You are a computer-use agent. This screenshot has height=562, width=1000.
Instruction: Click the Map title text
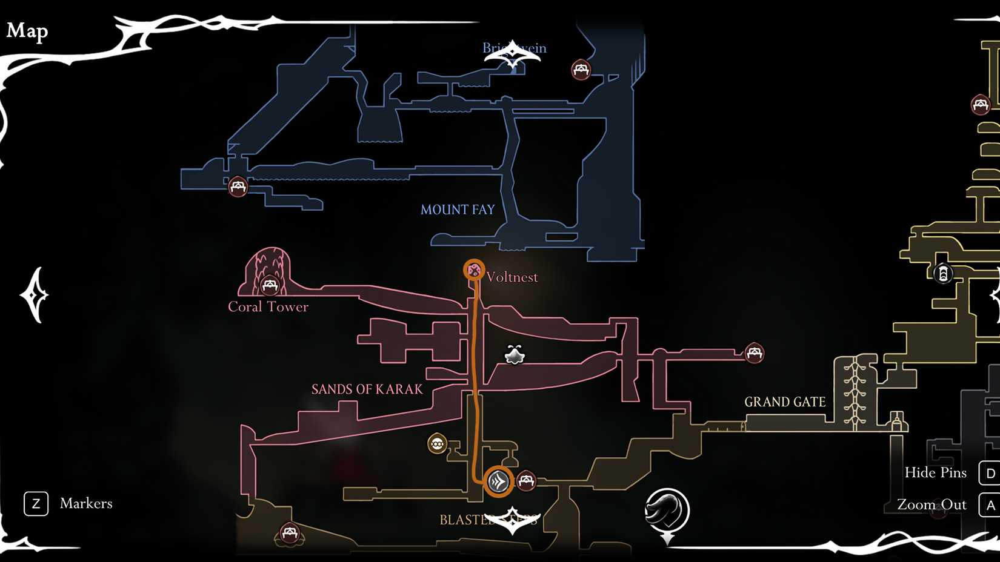[27, 30]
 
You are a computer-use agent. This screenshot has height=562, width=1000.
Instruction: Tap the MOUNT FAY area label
[458, 210]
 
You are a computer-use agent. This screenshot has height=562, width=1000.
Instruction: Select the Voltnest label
[512, 277]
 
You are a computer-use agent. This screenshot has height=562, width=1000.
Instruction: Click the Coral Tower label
[268, 306]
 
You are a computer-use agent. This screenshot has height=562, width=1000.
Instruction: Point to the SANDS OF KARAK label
[367, 389]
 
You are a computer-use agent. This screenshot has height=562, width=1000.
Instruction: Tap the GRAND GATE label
[785, 402]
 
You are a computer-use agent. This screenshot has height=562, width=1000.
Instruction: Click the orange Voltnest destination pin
[474, 270]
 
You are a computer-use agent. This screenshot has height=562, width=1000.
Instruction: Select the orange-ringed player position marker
[498, 481]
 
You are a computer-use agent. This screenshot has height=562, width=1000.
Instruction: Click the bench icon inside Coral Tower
[269, 285]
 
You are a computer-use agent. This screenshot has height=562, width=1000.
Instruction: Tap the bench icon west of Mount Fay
[238, 186]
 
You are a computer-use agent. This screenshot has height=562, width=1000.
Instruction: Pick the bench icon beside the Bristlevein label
[581, 70]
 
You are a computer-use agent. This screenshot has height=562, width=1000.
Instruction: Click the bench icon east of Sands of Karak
[754, 352]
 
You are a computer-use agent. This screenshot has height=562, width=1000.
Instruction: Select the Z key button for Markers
[36, 503]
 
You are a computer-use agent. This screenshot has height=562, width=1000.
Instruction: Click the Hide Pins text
[935, 472]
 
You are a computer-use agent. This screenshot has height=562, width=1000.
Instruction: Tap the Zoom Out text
[932, 504]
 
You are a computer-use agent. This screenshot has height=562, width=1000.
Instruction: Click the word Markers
[86, 503]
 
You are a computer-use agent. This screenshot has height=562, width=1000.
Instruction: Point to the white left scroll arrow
[34, 295]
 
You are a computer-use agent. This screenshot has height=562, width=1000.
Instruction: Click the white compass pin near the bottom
[667, 512]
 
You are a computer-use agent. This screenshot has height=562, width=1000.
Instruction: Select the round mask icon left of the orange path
[437, 444]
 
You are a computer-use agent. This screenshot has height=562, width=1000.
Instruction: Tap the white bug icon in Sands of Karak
[515, 355]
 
